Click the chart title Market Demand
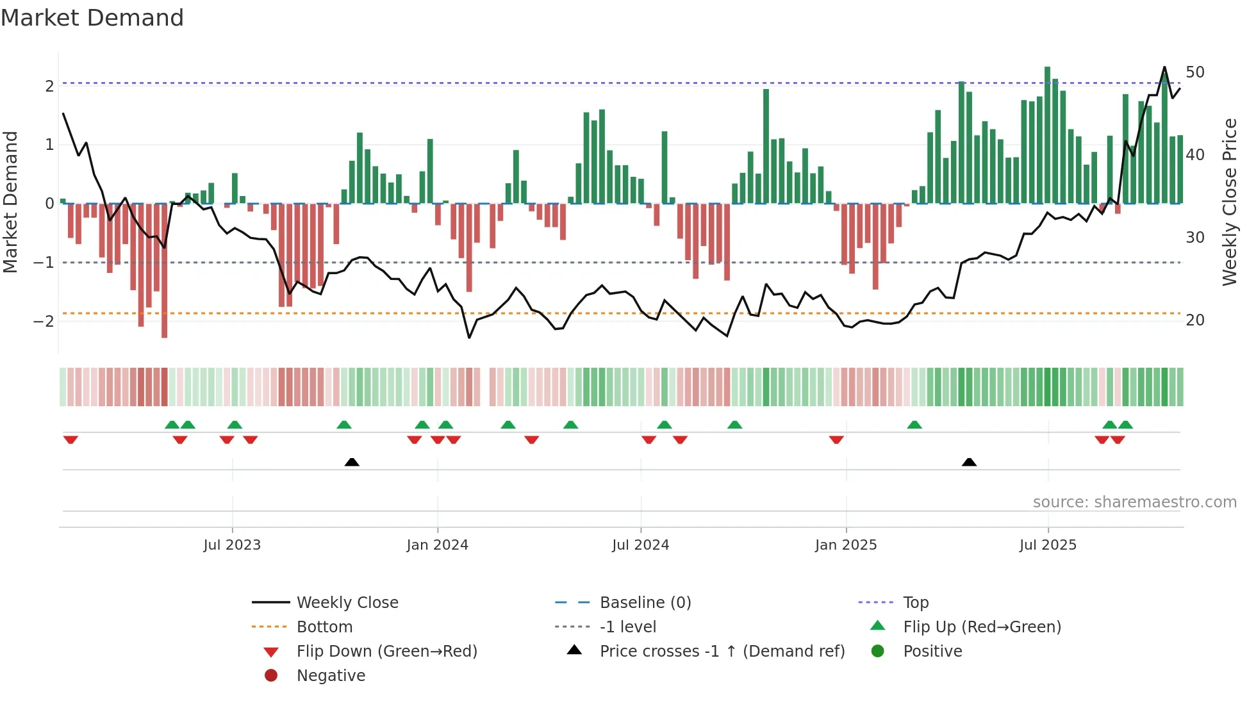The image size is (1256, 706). (92, 18)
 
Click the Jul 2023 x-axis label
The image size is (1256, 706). (232, 545)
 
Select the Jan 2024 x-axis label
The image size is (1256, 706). (438, 545)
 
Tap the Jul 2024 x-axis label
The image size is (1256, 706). (640, 545)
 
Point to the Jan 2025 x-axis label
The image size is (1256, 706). (846, 545)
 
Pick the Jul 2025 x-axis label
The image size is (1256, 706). (1048, 545)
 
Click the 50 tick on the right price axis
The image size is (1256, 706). (1195, 72)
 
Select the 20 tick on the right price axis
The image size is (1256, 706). (1195, 320)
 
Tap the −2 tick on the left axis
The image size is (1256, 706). (44, 321)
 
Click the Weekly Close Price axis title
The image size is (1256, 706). (1229, 202)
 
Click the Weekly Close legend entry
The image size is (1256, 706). (347, 602)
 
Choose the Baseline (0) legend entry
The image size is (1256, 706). (645, 602)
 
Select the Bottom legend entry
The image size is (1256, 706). (324, 627)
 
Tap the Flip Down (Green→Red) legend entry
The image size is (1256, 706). (386, 651)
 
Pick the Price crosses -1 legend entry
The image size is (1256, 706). (722, 651)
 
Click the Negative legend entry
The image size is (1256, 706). (331, 675)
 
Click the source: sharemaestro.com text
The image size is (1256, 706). (1134, 502)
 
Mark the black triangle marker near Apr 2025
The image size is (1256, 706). (969, 462)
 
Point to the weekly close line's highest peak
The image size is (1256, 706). (1164, 67)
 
